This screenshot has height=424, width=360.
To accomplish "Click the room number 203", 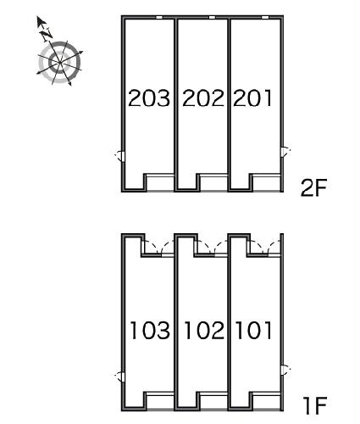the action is click(149, 98).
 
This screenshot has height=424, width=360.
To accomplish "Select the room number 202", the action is click(203, 98).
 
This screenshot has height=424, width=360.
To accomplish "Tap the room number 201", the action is click(252, 98).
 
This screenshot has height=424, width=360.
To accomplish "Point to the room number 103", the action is click(150, 330).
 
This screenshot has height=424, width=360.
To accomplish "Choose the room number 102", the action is click(204, 330).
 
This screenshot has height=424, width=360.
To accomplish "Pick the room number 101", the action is click(253, 330).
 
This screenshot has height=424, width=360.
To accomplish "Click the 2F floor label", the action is click(313, 187).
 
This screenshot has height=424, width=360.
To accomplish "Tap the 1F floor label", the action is click(315, 405).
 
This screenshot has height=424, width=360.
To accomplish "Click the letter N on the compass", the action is click(47, 34).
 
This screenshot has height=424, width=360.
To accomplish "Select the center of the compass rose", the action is click(59, 63).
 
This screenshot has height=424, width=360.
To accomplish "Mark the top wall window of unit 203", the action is click(159, 18).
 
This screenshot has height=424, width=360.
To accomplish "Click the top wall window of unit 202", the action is click(212, 18).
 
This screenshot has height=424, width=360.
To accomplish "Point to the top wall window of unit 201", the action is click(265, 18).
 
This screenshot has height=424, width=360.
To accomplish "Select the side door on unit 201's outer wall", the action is click(285, 152).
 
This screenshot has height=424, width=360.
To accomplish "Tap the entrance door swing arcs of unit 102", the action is click(214, 247).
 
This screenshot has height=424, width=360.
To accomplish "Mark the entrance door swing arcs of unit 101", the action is click(265, 247).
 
